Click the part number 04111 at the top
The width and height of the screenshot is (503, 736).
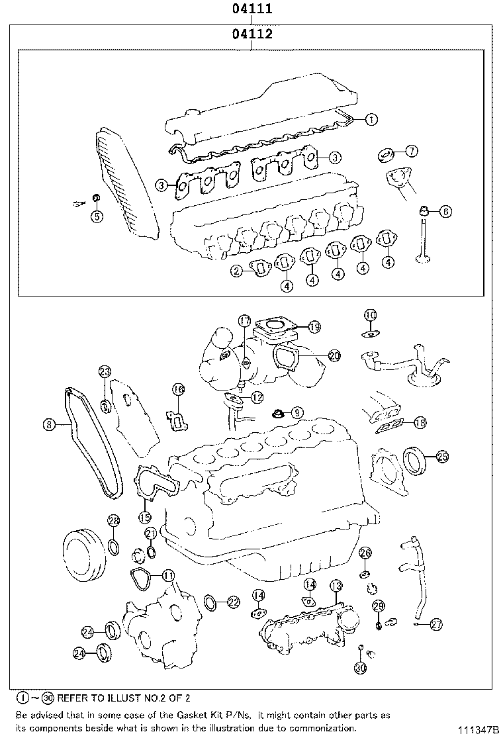(252, 9)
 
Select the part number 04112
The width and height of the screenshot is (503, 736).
(252, 34)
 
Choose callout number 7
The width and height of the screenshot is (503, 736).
(411, 152)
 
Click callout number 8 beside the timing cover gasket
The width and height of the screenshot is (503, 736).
(48, 426)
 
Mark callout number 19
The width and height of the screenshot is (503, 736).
(314, 326)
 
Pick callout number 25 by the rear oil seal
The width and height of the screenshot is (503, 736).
(442, 456)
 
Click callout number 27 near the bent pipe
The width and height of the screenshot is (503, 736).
(435, 623)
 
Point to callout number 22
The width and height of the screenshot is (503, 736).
(232, 602)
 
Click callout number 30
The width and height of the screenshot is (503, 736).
(359, 668)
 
